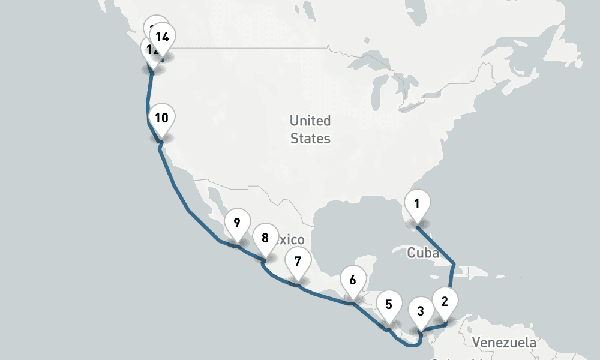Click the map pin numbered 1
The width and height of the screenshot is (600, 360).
[x=417, y=204]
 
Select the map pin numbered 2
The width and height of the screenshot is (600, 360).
[x=445, y=301]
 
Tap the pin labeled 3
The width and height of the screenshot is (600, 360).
[x=420, y=311]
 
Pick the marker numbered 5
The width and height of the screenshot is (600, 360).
[x=389, y=304]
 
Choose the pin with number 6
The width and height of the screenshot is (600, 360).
[x=352, y=280]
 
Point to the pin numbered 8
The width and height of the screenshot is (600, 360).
[x=265, y=238]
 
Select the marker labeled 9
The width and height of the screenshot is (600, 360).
[x=237, y=223]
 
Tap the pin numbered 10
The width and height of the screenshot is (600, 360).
[x=161, y=118]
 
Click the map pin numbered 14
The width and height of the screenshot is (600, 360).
[x=162, y=37]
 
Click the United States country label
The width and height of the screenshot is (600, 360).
[x=310, y=130]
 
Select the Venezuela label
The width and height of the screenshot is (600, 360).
[x=504, y=343]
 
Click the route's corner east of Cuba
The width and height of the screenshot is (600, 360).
[x=455, y=263]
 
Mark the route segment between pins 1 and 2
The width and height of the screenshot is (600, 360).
[x=436, y=245]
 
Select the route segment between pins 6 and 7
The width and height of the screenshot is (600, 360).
[x=324, y=296]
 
